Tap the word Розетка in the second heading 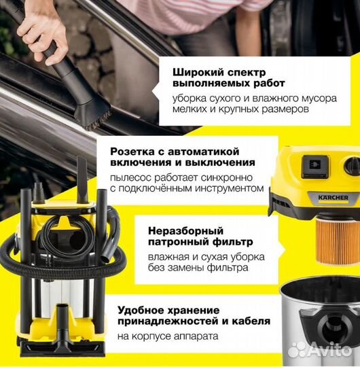pyautogui.click(x=169, y=150)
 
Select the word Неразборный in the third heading pyautogui.click(x=178, y=228)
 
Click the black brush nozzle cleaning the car pyautogui.click(x=92, y=113)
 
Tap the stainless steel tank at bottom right pyautogui.click(x=319, y=319)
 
